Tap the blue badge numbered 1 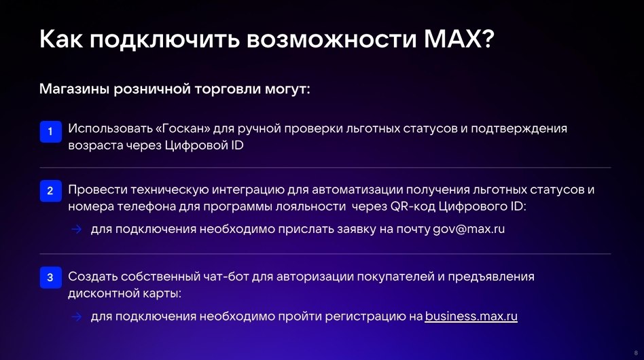[50, 131]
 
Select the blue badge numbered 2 [50, 192]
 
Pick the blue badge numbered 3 [50, 278]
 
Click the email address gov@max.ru [469, 229]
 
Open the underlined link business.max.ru [471, 317]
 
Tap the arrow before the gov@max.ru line [77, 229]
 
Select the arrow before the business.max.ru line [77, 317]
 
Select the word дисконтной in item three [99, 294]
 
